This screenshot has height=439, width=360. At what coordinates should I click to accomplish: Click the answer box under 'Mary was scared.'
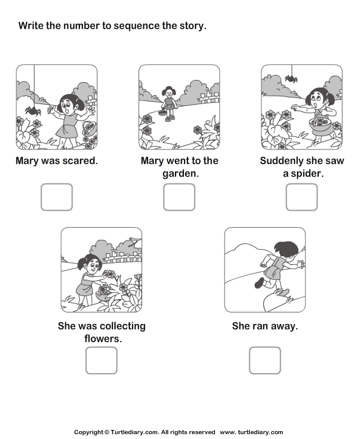pos(56,197)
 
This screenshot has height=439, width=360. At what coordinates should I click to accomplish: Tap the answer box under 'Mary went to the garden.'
pos(179,197)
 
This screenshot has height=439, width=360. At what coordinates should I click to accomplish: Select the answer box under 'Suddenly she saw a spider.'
pos(301,197)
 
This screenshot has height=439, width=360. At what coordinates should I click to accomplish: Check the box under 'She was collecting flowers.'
pos(101,360)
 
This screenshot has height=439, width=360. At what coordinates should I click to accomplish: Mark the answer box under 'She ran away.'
pos(264,360)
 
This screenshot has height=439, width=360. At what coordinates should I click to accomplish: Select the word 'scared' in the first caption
pos(81,161)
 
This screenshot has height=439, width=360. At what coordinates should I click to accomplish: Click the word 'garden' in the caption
pos(179,173)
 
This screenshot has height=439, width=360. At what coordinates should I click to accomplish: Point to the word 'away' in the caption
pos(284,326)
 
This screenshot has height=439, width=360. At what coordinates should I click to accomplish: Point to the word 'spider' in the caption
pos(309,173)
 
